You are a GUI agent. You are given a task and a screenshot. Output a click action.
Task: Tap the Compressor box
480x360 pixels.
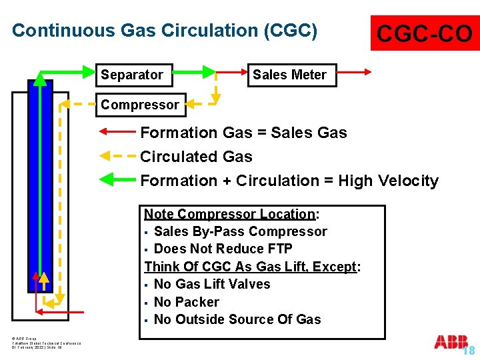140,104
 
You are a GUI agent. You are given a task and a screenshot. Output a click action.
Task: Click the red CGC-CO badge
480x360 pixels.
425,33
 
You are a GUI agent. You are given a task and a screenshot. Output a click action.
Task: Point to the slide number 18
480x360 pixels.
469,351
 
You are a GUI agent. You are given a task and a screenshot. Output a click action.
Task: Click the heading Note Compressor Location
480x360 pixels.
230,214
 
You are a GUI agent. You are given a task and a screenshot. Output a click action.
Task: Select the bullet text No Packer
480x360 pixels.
186,302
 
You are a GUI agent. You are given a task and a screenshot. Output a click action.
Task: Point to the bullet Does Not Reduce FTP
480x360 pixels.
223,249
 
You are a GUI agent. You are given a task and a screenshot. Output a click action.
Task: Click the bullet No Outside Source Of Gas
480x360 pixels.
237,319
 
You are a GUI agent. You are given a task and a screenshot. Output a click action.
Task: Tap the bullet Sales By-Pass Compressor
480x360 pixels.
240,231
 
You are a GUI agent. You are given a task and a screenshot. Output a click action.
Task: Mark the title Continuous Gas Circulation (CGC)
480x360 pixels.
165,31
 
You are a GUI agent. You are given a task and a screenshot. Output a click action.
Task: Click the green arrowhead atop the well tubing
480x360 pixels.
41,78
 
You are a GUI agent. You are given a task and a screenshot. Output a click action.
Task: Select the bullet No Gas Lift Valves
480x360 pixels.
212,284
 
